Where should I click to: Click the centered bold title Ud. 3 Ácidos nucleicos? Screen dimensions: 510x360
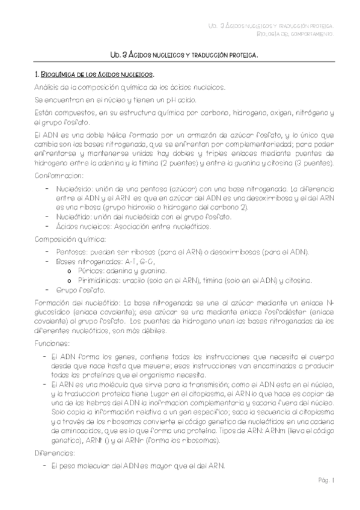pyautogui.click(x=180, y=54)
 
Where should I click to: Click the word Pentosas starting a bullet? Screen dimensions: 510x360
pyautogui.click(x=72, y=251)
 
